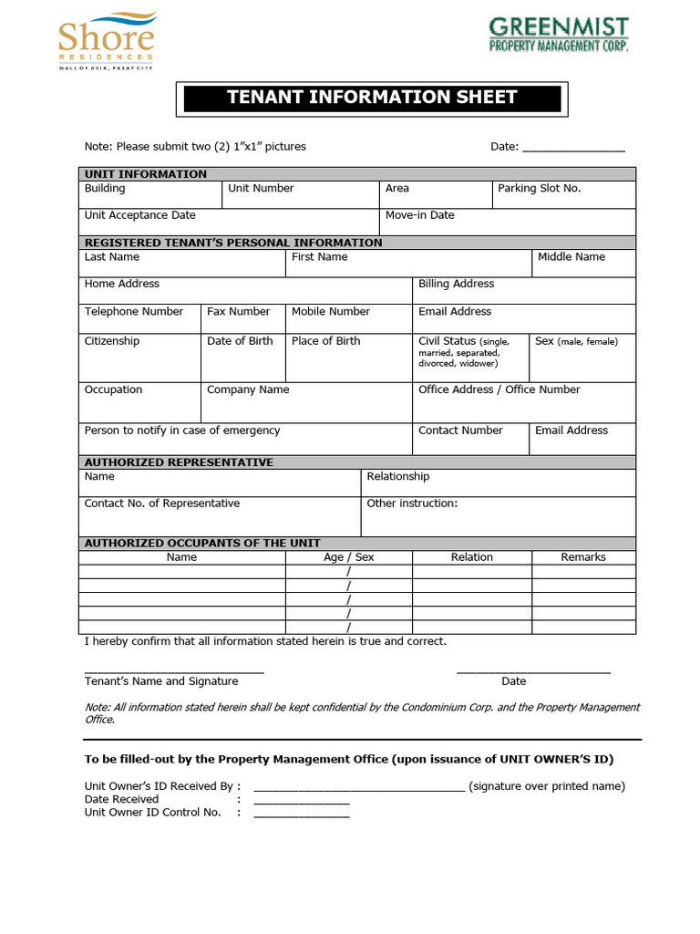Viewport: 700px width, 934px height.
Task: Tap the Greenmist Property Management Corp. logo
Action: [x=558, y=35]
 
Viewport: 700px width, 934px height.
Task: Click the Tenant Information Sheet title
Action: [x=371, y=98]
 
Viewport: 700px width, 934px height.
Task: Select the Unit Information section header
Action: [x=146, y=174]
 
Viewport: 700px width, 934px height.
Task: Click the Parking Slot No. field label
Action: [x=539, y=189]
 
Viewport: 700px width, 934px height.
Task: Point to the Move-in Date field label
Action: [x=419, y=216]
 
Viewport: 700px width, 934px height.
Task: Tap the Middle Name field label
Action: [x=571, y=257]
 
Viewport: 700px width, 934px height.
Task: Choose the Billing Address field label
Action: [x=456, y=285]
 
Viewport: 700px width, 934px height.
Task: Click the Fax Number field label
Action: [x=239, y=312]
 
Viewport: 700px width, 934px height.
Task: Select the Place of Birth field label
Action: [x=325, y=341]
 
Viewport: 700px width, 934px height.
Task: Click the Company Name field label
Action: [x=248, y=389]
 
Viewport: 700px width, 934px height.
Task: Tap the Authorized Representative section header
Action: [x=179, y=462]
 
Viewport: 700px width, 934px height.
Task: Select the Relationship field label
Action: [x=397, y=477]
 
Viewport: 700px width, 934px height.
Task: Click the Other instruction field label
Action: [x=412, y=503]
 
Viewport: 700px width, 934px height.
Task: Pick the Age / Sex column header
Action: [x=348, y=557]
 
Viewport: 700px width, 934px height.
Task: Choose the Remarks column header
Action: [x=583, y=557]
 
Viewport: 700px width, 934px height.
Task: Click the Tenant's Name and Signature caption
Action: [x=161, y=681]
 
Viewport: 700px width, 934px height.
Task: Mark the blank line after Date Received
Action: [x=301, y=803]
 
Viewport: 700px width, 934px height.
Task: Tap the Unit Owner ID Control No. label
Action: [x=153, y=813]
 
